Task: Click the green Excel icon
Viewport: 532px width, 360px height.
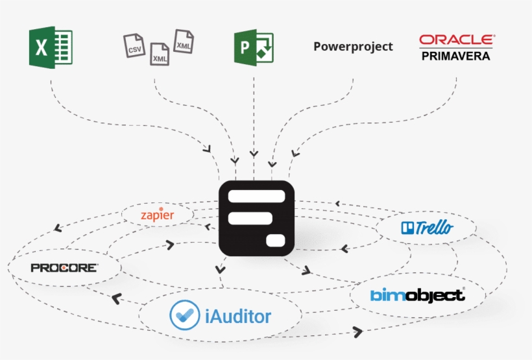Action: point(50,47)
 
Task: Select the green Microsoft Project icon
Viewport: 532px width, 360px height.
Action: point(254,47)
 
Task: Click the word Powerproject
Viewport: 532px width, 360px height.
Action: point(353,47)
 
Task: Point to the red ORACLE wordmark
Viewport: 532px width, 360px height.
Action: point(457,40)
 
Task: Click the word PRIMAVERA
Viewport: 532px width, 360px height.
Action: point(456,56)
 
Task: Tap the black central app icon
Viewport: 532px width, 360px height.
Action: point(257,218)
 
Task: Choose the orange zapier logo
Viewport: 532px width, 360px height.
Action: point(157,214)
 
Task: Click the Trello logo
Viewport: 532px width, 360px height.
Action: point(428,228)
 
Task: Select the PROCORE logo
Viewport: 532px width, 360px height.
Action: point(64,267)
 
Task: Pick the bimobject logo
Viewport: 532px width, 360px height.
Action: point(418,295)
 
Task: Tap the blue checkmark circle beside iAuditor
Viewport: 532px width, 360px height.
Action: point(184,316)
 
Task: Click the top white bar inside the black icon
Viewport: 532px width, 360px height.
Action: point(257,196)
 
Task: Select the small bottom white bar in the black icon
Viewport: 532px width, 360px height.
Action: point(275,241)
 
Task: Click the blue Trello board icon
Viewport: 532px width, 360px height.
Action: point(408,228)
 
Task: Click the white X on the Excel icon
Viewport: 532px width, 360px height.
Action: point(40,48)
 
